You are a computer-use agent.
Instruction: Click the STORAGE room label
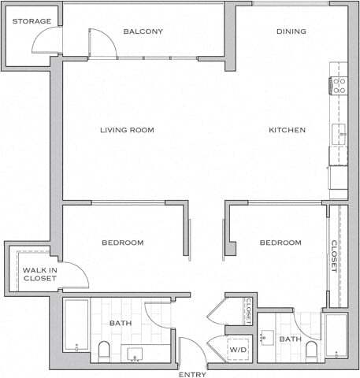32,21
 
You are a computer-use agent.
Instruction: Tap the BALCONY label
143,31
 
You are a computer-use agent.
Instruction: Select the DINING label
291,31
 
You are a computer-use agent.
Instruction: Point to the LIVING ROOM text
127,130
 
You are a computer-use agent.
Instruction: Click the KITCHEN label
287,130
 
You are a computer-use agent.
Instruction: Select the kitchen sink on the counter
340,134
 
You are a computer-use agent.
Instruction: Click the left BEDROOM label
122,243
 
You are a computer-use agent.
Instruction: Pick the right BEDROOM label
280,243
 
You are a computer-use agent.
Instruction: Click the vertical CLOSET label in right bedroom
334,256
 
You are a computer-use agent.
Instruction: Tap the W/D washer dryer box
237,350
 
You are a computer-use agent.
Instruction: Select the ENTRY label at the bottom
192,373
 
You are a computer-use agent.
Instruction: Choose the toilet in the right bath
311,349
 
